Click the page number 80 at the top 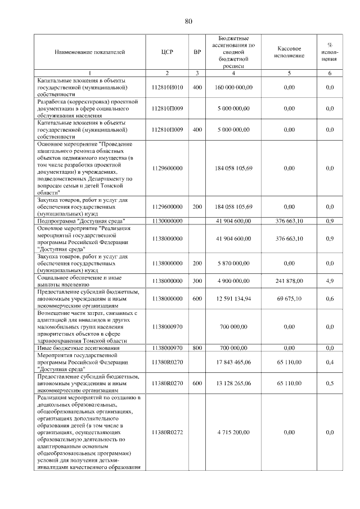pos(188,21)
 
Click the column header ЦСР pos(167,52)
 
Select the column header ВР pos(197,52)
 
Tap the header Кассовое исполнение pos(290,52)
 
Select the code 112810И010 pos(167,88)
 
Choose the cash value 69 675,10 pos(290,299)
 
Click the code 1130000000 pos(167,222)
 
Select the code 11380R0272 pos(167,432)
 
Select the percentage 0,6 pos(330,299)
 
